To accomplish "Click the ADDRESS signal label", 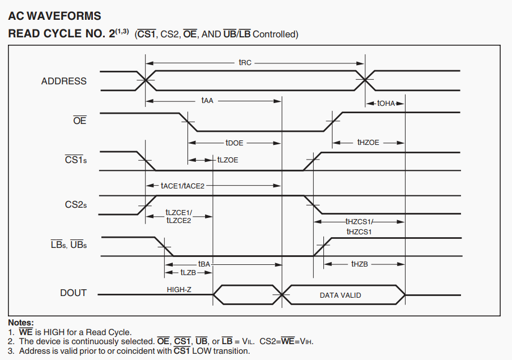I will coord(64,81).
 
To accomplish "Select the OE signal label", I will coord(80,121).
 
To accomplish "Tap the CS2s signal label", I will coord(76,204).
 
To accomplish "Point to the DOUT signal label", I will coord(74,293).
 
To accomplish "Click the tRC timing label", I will coord(245,62).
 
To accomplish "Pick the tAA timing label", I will coord(207,100).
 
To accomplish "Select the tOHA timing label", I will coord(386,104).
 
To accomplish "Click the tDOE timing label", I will coord(234,143).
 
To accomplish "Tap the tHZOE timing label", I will coord(368,143).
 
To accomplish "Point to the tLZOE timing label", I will coord(228,160).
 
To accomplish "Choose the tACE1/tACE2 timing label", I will coord(182,186).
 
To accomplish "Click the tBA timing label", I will coord(204,264).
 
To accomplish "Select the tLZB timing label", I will coord(188,273).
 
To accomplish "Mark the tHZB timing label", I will coord(360,264).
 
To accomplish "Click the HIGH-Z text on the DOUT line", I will coord(181,290).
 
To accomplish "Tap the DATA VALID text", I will coord(340,295).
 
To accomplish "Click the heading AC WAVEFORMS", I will coord(54,16).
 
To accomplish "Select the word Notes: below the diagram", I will coord(21,323).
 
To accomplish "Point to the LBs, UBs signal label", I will coord(69,245).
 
